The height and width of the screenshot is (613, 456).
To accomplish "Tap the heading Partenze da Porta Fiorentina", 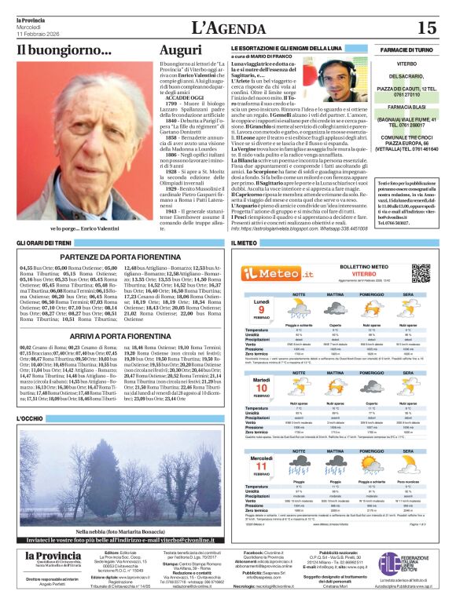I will pos(115,257).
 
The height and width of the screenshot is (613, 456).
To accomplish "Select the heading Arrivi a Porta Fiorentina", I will pos(115,335).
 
